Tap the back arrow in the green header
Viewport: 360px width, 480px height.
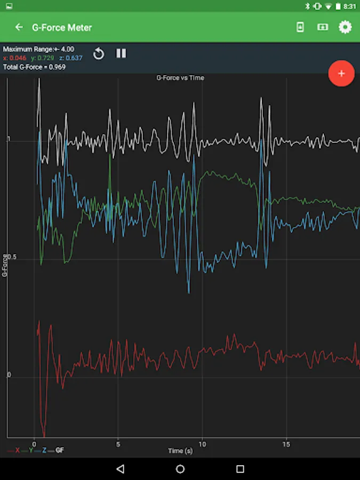[19, 27]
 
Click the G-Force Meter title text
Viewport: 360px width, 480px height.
[62, 27]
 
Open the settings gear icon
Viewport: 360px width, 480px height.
[345, 27]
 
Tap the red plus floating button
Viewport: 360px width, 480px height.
[341, 74]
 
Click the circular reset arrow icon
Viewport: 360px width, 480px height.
[99, 53]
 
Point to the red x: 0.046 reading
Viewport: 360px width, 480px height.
[14, 58]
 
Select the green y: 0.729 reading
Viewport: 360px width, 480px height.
[43, 58]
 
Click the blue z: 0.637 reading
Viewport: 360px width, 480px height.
[71, 58]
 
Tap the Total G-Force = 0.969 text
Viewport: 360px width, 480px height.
[34, 67]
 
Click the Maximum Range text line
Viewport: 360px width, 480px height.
[38, 49]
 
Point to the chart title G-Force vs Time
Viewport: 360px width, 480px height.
[180, 78]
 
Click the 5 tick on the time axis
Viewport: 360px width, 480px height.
[118, 444]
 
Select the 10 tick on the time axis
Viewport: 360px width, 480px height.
[202, 444]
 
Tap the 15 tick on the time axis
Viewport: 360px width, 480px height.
[286, 444]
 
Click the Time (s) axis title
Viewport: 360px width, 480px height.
[180, 451]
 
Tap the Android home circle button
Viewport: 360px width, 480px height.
[180, 469]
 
